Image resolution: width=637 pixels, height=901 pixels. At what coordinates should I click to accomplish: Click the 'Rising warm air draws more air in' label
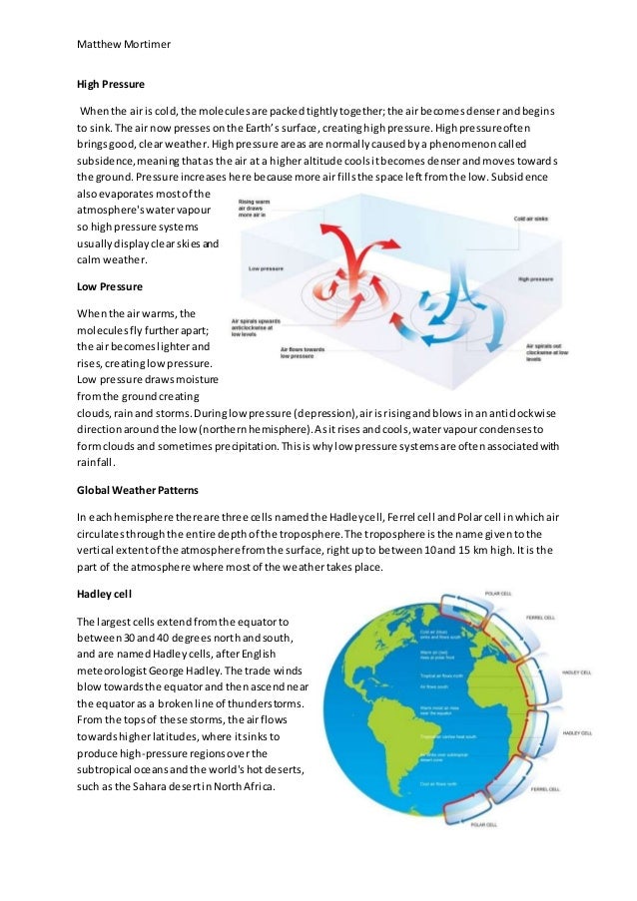point(259,209)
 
